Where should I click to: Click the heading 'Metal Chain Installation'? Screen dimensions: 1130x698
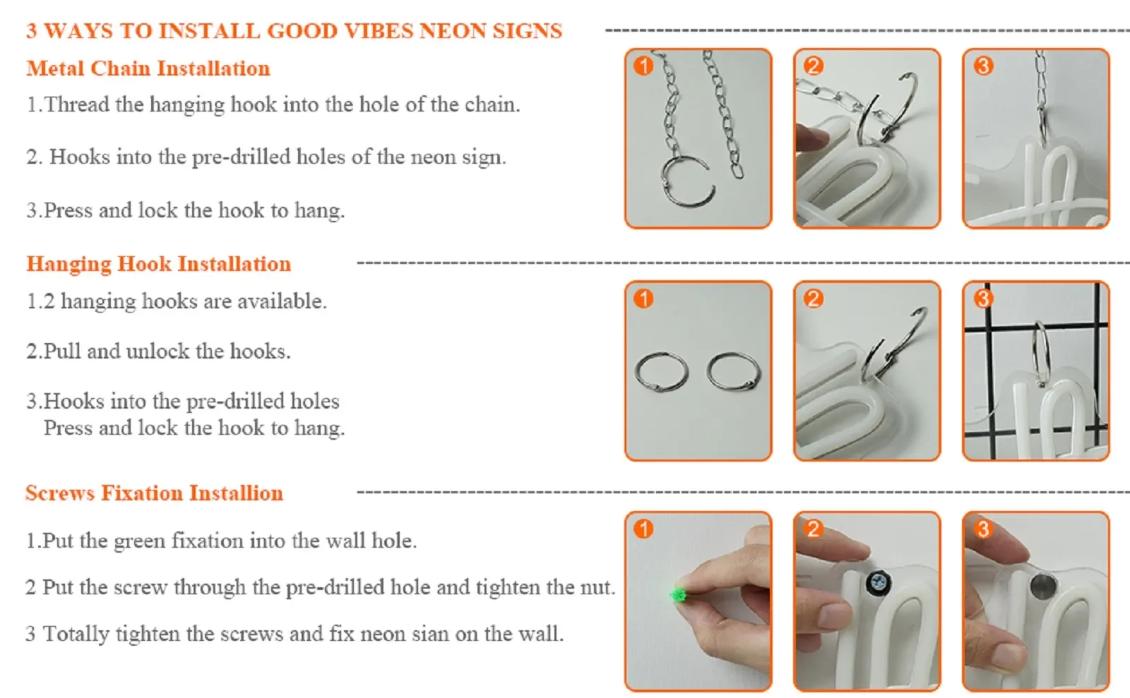pos(148,68)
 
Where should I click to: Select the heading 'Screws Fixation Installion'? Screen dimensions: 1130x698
pos(155,493)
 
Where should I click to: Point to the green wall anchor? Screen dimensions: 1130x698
pos(677,595)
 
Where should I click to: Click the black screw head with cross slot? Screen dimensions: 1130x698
pos(879,583)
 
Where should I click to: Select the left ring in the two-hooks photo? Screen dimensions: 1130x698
pos(661,372)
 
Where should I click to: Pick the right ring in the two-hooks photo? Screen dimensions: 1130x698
pos(734,372)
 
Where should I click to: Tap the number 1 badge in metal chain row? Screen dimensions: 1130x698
pos(643,66)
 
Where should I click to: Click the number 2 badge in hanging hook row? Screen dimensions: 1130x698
pos(813,299)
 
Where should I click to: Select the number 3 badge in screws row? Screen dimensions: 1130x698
pos(983,529)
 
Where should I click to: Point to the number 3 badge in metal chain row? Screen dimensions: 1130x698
pos(983,66)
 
